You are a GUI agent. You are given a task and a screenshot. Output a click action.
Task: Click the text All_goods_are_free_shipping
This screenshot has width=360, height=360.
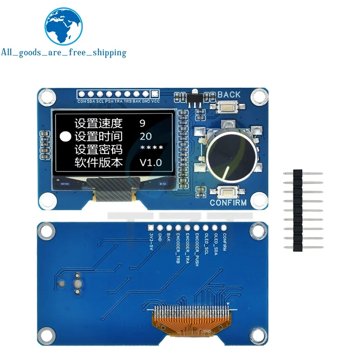tap(63, 53)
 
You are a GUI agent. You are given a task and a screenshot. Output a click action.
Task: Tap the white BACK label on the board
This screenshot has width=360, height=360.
tap(229, 95)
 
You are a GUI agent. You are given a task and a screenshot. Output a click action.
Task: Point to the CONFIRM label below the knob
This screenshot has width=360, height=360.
tap(228, 203)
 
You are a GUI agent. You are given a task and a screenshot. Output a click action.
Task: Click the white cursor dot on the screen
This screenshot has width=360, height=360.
tap(66, 136)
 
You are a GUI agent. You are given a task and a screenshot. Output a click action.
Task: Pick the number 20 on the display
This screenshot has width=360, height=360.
tap(146, 136)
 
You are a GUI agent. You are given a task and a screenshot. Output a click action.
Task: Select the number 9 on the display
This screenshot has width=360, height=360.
tap(142, 122)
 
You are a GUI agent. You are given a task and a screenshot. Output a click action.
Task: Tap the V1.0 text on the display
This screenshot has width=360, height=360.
tap(150, 162)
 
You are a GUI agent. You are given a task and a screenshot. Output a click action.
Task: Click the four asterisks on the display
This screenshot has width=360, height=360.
tap(151, 149)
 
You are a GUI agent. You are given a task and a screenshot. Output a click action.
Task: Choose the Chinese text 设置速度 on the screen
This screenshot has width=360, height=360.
tap(98, 122)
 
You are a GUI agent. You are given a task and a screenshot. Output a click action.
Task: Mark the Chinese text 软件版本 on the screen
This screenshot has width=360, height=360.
tap(98, 162)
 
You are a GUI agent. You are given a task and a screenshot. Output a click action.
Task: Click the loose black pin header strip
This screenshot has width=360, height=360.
tap(297, 210)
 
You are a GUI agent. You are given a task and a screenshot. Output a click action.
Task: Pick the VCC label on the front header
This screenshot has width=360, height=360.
tap(155, 102)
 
